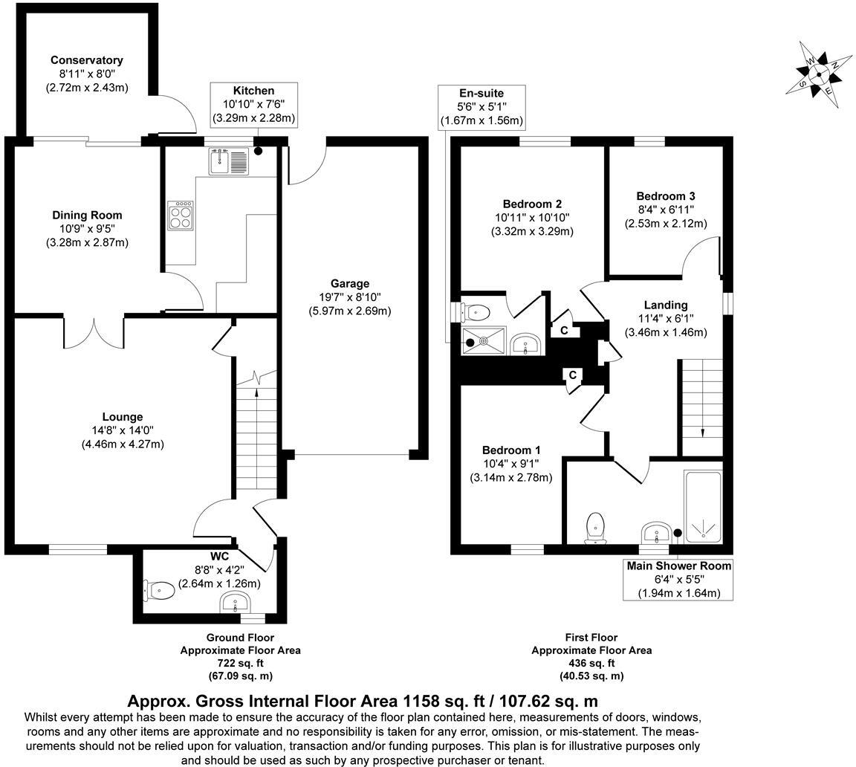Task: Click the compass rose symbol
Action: point(818,73)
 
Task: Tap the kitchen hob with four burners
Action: point(181,216)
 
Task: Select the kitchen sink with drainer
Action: point(229,161)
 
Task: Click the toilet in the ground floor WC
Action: point(159,590)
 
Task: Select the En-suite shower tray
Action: point(484,341)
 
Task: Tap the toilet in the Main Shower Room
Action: point(596,528)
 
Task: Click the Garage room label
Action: point(350,283)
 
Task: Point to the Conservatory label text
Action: point(86,60)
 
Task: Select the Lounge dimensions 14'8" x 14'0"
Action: point(123,430)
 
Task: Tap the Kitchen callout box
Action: point(253,104)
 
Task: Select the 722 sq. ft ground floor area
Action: point(240,662)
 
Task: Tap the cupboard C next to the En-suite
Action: point(565,330)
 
